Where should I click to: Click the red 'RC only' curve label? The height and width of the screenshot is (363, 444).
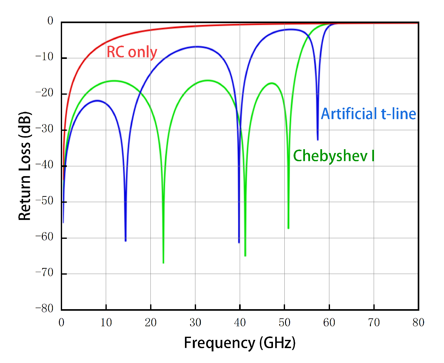pyautogui.click(x=132, y=52)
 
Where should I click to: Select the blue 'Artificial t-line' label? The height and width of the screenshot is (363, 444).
pyautogui.click(x=368, y=114)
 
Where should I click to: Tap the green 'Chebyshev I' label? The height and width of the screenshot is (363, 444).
pyautogui.click(x=334, y=156)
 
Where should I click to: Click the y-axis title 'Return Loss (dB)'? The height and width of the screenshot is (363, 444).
pyautogui.click(x=25, y=166)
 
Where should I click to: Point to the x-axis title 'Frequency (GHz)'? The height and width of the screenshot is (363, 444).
pyautogui.click(x=240, y=343)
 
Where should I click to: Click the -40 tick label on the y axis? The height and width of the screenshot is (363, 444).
pyautogui.click(x=44, y=165)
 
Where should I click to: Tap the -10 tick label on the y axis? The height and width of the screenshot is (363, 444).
pyautogui.click(x=44, y=57)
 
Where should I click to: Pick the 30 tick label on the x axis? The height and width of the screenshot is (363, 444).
pyautogui.click(x=195, y=322)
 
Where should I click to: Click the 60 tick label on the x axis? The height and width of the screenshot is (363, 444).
pyautogui.click(x=329, y=322)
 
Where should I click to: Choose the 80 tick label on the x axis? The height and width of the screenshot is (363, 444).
pyautogui.click(x=418, y=322)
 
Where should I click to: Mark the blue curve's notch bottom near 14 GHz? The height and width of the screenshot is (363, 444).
pyautogui.click(x=126, y=240)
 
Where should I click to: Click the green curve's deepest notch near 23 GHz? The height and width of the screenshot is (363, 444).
pyautogui.click(x=163, y=262)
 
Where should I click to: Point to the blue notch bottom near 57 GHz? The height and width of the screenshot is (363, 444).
pyautogui.click(x=318, y=139)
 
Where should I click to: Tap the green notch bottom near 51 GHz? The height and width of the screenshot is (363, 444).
pyautogui.click(x=288, y=228)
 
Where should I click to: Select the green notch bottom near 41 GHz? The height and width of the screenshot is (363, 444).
pyautogui.click(x=245, y=255)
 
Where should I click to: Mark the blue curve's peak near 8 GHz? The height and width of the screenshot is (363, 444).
pyautogui.click(x=97, y=100)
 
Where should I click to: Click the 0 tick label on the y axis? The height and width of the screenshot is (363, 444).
pyautogui.click(x=50, y=21)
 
